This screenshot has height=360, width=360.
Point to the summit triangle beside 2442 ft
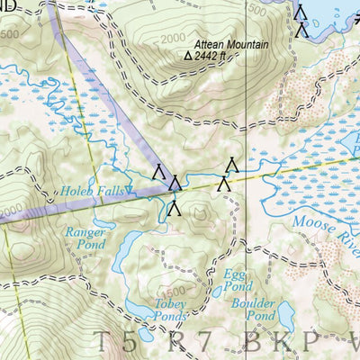188,55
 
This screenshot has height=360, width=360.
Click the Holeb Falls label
92,191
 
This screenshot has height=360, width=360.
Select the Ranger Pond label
86,238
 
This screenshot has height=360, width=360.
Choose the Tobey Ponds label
172,310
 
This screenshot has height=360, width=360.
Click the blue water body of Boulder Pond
286,315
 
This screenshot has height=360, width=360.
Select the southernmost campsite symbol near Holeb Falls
175,209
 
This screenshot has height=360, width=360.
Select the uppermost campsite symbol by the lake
301,11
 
